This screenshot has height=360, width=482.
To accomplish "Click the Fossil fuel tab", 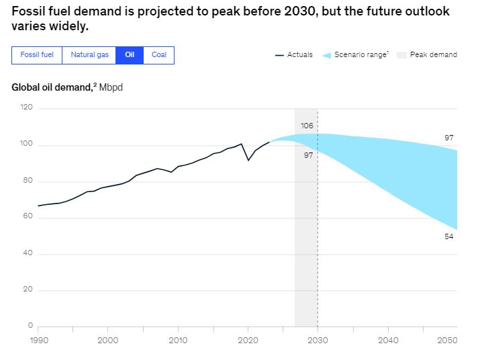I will (x=37, y=55).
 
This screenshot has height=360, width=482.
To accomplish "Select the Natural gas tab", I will (x=89, y=55).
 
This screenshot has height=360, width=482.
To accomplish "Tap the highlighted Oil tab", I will (x=130, y=55).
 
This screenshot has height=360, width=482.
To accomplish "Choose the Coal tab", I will (x=158, y=55).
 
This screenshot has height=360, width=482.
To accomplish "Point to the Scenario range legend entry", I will (x=355, y=55).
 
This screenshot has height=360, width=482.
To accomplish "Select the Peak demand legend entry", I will (x=428, y=55).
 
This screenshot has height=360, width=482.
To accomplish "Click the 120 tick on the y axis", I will (x=27, y=107).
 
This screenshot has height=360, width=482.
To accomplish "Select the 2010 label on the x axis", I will (x=178, y=340).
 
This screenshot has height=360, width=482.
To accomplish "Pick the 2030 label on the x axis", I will (x=318, y=340).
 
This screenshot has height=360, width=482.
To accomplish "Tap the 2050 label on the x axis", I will (x=447, y=340).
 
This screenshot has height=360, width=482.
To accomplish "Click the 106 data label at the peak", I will (x=307, y=126).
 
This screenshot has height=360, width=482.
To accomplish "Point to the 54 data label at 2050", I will (x=449, y=236).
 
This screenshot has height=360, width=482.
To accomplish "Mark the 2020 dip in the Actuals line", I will (x=248, y=160).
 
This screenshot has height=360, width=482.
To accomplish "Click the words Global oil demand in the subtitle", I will (x=51, y=88).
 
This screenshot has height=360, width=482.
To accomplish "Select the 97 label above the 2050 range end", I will (x=449, y=138).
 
